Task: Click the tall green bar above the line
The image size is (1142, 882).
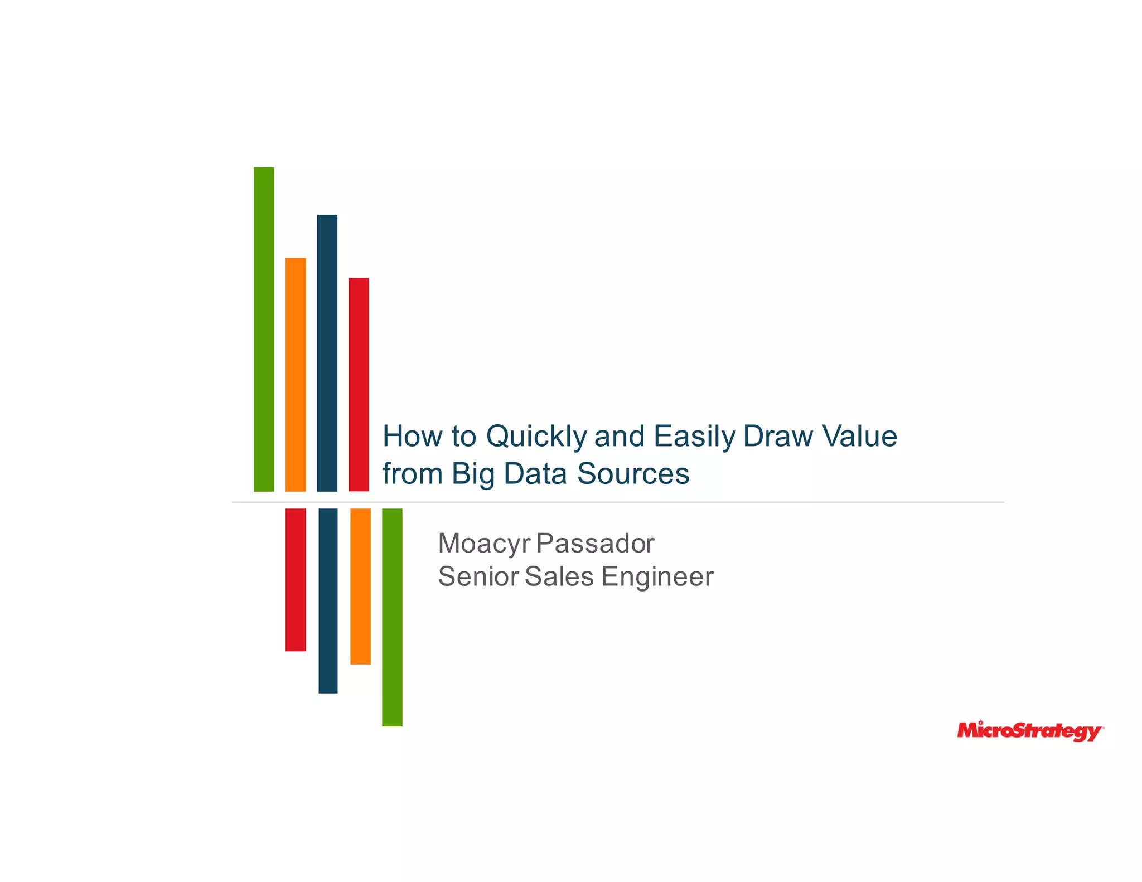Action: click(x=264, y=329)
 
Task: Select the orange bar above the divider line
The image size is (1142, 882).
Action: click(x=296, y=374)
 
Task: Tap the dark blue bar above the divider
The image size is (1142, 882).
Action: click(x=327, y=353)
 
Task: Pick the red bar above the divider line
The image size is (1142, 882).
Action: click(x=359, y=384)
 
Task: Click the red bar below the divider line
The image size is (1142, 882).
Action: click(x=296, y=579)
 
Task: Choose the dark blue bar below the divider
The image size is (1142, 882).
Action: click(x=328, y=600)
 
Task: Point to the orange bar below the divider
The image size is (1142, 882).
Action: click(x=360, y=586)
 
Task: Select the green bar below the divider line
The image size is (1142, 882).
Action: click(x=392, y=617)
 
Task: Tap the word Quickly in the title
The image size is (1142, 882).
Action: click(x=536, y=437)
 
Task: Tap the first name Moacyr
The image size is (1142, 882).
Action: click(x=483, y=544)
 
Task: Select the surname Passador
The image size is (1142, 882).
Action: click(x=595, y=543)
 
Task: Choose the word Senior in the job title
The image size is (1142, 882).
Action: click(x=478, y=576)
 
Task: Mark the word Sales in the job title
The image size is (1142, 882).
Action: click(x=559, y=576)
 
